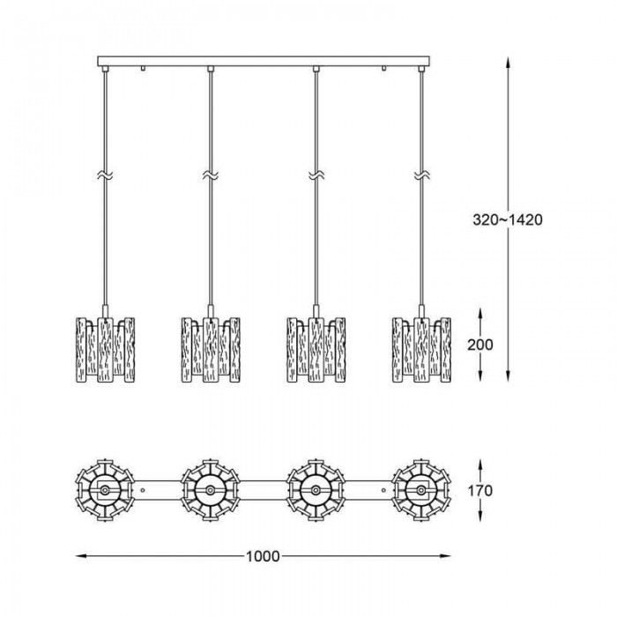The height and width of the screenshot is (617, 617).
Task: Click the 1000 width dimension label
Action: tap(263, 556)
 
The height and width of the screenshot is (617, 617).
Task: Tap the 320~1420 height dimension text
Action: tap(507, 219)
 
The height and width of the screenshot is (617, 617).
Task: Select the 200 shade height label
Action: tap(480, 345)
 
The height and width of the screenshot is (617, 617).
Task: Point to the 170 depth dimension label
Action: tap(480, 491)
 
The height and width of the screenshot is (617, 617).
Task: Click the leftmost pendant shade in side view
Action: tap(105, 349)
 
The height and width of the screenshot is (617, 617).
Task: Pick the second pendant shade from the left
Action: tap(211, 349)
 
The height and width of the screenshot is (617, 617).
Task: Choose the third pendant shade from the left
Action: tap(316, 349)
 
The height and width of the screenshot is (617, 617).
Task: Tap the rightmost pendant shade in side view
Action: tap(421, 349)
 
